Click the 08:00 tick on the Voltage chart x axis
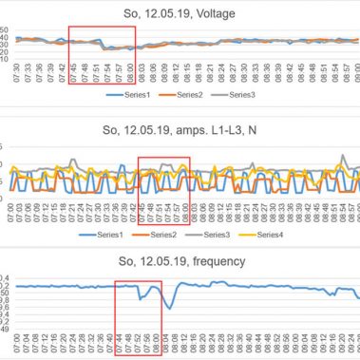click(129, 72)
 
